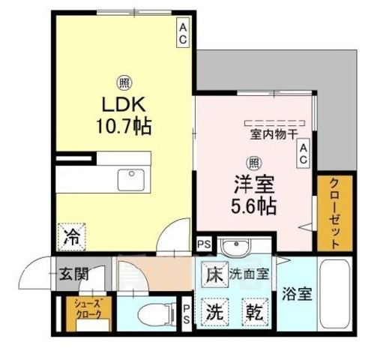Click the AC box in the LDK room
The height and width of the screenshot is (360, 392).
pyautogui.click(x=183, y=33)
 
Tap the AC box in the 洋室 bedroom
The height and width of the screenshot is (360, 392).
pyautogui.click(x=304, y=156)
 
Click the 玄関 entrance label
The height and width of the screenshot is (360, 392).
pyautogui.click(x=74, y=273)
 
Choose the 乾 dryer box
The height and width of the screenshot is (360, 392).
pyautogui.click(x=252, y=310)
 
